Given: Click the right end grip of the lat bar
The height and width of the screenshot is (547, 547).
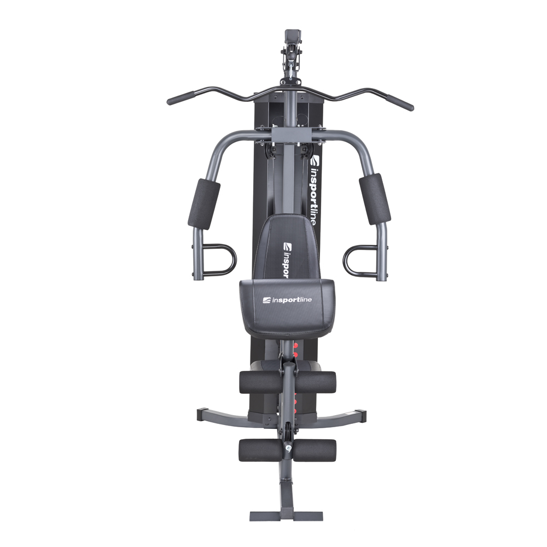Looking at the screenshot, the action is tap(400, 101).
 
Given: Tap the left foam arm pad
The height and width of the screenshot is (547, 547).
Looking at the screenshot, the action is tap(204, 203).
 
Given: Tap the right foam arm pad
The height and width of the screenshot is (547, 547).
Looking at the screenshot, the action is tap(375, 199).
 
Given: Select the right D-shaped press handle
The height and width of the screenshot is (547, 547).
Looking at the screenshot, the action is tap(359, 260).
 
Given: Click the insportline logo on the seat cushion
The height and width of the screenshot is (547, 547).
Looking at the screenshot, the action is tap(288, 300).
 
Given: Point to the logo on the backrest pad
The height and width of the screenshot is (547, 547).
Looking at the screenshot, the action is tap(288, 259).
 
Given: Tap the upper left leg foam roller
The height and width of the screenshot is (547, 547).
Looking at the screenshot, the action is tap(259, 382).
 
